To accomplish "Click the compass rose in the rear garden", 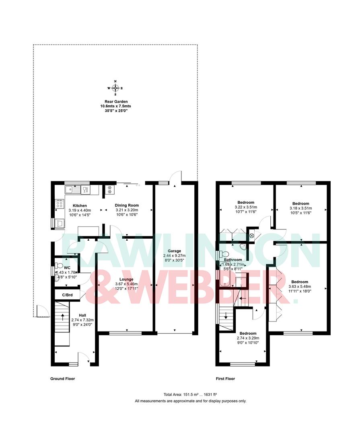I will [x=115, y=88].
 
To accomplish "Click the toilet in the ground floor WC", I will [x=59, y=265].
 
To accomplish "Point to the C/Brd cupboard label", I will [x=67, y=295].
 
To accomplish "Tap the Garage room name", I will [x=175, y=251].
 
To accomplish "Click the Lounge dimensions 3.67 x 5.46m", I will [x=125, y=284].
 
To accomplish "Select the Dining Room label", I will [x=126, y=205].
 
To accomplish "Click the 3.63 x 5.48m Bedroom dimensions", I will [x=300, y=287].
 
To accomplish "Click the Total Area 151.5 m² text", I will [x=190, y=395].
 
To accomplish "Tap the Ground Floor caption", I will [x=62, y=379].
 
